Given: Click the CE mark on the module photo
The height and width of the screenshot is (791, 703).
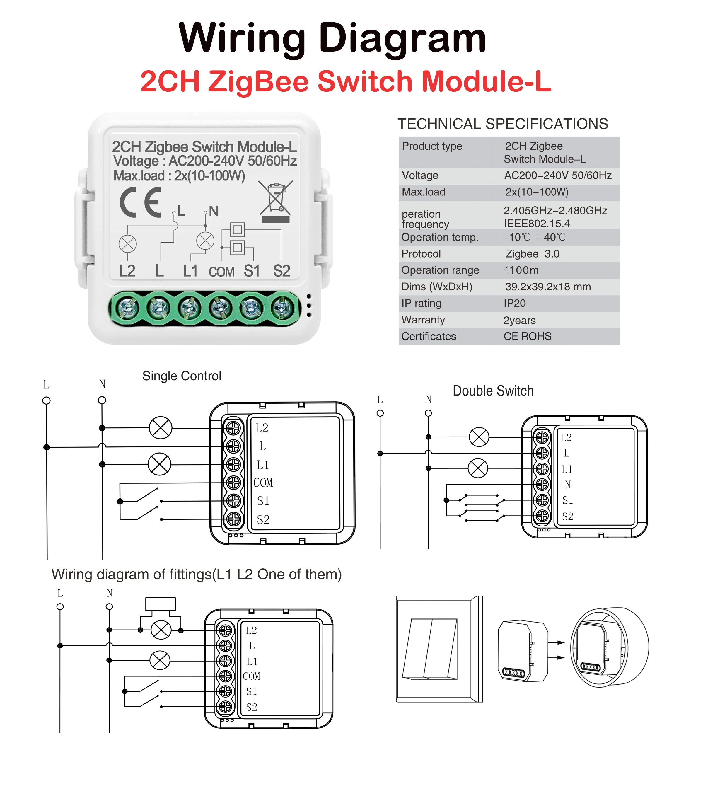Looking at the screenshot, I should (140, 202).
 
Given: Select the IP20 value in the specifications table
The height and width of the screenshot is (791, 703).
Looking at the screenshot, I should (515, 304).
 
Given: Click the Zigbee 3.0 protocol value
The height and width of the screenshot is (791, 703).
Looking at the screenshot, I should (533, 254).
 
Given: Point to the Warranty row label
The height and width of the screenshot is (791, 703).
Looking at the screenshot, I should (423, 320).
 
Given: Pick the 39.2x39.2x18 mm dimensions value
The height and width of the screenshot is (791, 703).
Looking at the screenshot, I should (548, 287).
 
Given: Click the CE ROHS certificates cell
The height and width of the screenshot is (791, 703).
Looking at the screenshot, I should (527, 336).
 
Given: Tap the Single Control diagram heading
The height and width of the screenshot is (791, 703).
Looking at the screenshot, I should (182, 376).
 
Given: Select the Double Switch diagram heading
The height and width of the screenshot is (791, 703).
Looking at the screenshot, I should (493, 391).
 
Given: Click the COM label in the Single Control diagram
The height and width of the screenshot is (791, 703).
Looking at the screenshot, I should (263, 483).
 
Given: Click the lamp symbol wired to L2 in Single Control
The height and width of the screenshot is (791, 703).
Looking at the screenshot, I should (161, 428).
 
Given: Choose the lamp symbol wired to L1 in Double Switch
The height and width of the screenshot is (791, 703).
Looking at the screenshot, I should (478, 469).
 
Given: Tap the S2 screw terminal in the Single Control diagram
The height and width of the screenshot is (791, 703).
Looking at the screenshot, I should (234, 519).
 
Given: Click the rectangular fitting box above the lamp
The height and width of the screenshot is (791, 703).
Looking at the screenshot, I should (161, 604).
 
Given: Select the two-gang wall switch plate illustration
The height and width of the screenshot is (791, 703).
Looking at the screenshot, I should (439, 649).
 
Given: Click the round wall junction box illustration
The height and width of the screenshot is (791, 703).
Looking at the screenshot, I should (609, 647).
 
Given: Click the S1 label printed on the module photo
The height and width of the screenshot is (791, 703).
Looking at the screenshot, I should (252, 271).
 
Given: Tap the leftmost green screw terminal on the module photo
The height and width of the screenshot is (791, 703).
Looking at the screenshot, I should (127, 308).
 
